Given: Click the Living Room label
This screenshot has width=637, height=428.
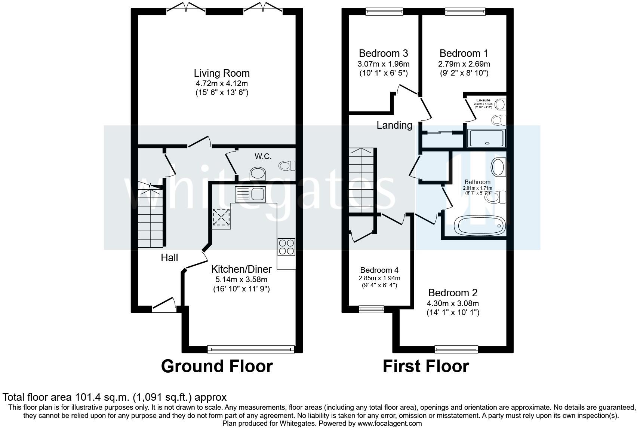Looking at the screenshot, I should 222,73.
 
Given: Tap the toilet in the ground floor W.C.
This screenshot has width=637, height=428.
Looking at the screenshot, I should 287,165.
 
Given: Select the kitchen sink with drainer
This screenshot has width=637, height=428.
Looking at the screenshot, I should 250,194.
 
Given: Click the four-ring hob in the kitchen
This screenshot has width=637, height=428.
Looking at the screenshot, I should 286,247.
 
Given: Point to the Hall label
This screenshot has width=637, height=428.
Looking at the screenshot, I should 169,258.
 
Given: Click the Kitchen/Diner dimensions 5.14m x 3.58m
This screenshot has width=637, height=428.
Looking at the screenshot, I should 241,279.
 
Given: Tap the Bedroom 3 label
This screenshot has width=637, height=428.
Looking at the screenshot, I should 383,53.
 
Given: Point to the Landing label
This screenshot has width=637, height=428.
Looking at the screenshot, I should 394,125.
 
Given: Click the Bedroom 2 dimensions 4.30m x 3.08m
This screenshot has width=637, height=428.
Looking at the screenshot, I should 453,303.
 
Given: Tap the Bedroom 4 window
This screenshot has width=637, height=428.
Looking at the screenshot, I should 371,309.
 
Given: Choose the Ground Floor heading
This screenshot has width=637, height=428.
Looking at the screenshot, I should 217,366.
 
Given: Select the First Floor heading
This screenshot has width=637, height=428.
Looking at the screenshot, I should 425,366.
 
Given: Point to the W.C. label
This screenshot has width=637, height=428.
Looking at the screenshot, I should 263,156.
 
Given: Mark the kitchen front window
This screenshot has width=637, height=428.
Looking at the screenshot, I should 250,349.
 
